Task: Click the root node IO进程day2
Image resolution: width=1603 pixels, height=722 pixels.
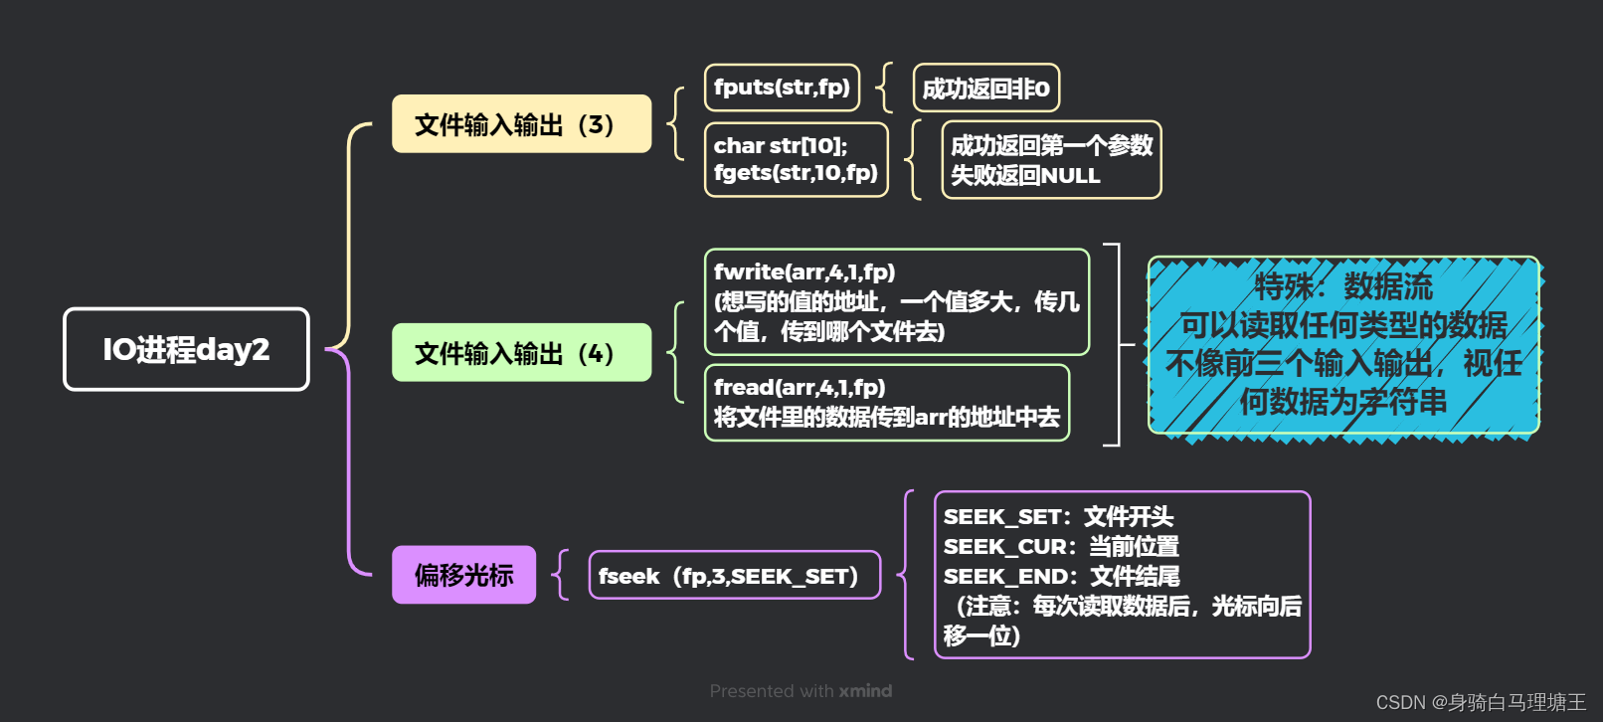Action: tap(186, 349)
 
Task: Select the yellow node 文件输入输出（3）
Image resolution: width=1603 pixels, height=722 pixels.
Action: tap(521, 124)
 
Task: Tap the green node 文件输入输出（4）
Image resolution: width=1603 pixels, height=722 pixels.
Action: tap(521, 353)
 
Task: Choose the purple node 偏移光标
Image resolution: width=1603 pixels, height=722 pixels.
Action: tap(463, 575)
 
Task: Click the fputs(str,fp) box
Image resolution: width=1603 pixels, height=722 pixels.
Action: tap(782, 88)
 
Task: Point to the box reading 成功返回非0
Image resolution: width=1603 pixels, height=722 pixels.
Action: tap(985, 89)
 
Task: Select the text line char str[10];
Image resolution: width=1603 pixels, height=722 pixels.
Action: tap(781, 145)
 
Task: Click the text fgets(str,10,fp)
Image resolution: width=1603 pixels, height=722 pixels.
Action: tap(796, 173)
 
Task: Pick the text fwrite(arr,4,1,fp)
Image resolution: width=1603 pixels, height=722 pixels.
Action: tap(804, 271)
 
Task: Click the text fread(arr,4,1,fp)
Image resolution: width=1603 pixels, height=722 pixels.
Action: tap(800, 387)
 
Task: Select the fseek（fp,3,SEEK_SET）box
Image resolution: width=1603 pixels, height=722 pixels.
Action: tap(734, 576)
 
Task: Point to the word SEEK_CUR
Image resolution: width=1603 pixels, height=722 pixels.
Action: tap(1005, 547)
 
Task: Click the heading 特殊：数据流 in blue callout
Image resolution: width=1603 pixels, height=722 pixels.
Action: tap(1342, 286)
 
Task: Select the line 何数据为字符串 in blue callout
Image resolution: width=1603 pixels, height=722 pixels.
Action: tap(1342, 402)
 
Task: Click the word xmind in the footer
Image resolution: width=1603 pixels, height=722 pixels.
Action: tap(865, 691)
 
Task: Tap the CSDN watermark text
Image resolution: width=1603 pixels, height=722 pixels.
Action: tap(1481, 702)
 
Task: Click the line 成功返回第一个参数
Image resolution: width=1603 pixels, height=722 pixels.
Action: tap(1051, 146)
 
